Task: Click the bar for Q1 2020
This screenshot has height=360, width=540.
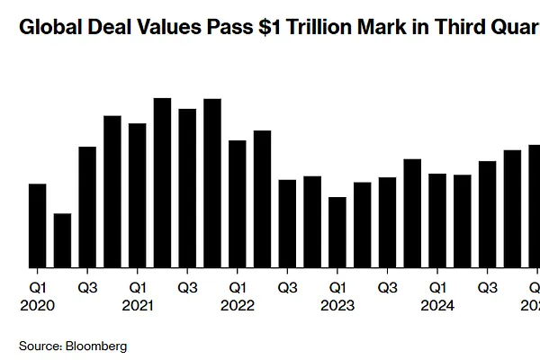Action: [x=38, y=226]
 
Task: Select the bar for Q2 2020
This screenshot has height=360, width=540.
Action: [x=63, y=240]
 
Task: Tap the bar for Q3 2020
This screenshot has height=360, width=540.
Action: [x=87, y=207]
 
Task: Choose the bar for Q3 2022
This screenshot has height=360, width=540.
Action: [x=287, y=224]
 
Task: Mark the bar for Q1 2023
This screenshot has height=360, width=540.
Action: [x=337, y=232]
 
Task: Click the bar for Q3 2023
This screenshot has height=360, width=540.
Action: [x=387, y=222]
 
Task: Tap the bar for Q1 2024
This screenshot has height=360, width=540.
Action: [x=437, y=220]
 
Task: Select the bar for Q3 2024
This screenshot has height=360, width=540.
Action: [x=487, y=214]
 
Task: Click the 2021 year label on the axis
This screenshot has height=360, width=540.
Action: [x=138, y=305]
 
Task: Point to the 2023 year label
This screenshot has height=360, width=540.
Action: [x=337, y=305]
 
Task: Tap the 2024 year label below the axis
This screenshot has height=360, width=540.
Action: [x=437, y=305]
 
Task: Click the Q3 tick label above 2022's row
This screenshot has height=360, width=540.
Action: [x=287, y=288]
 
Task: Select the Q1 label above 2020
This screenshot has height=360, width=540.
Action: [x=38, y=288]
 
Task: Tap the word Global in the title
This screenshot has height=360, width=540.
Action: [x=46, y=27]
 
